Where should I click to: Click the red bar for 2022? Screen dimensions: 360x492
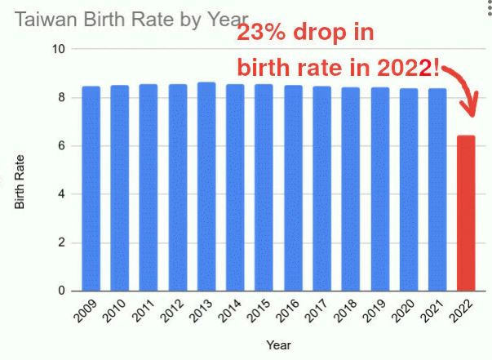point(466,213)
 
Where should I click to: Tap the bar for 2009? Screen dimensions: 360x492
point(91,189)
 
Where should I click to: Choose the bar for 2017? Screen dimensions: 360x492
point(321,189)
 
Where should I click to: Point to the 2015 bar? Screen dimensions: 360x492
point(264,188)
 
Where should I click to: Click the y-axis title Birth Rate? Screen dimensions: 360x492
point(20,181)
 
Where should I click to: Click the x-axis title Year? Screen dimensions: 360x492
point(277,345)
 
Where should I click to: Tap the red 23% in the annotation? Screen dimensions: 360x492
point(259,35)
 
